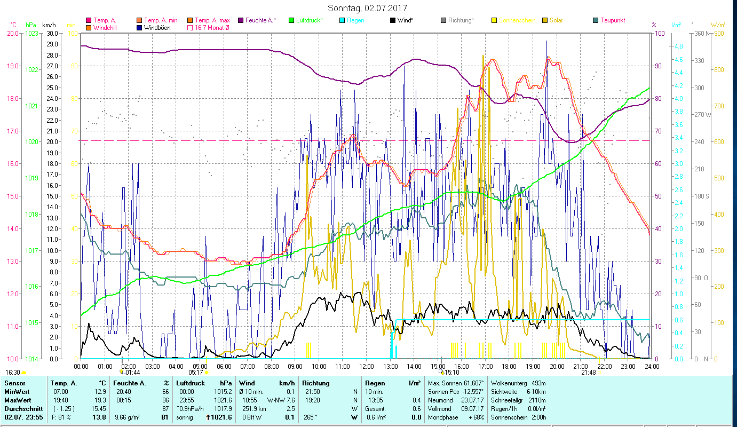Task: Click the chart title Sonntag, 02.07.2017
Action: pos(368,8)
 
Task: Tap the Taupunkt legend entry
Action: pos(612,20)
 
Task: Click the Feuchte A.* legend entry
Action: pos(260,20)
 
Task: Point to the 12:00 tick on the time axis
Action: pos(367,366)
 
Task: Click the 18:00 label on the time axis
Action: pos(509,366)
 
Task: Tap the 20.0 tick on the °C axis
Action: pos(12,33)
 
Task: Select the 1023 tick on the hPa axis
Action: pos(31,33)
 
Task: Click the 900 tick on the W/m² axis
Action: pos(718,33)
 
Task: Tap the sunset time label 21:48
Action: pos(588,373)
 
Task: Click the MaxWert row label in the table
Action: pos(18,400)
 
